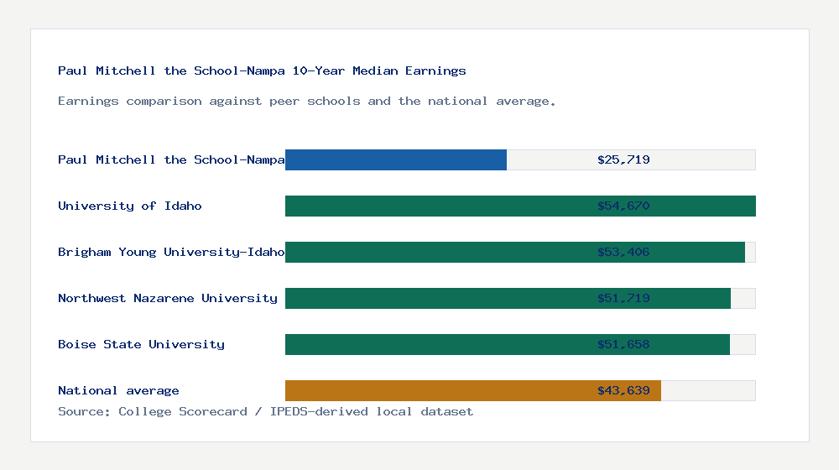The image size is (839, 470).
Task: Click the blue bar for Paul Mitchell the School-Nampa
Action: (396, 159)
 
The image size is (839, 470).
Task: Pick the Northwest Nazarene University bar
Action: (436, 298)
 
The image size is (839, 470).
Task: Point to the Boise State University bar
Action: (436, 344)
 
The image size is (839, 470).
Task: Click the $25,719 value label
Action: (623, 159)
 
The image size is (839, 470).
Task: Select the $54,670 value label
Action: (623, 206)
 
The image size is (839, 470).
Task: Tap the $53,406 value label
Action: (623, 252)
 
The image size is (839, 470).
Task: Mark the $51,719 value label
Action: (623, 298)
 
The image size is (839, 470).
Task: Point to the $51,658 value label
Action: (623, 344)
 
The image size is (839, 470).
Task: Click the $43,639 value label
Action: (623, 390)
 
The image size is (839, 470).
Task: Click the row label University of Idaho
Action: (130, 206)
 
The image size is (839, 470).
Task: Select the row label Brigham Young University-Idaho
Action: (171, 252)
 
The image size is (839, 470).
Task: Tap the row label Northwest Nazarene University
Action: (168, 298)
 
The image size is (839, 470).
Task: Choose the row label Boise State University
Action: (141, 344)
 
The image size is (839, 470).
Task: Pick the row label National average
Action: (118, 390)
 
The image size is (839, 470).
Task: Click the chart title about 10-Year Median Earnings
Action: (262, 70)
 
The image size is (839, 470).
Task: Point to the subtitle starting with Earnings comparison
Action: (307, 101)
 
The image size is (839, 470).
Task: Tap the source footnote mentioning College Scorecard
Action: (265, 411)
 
